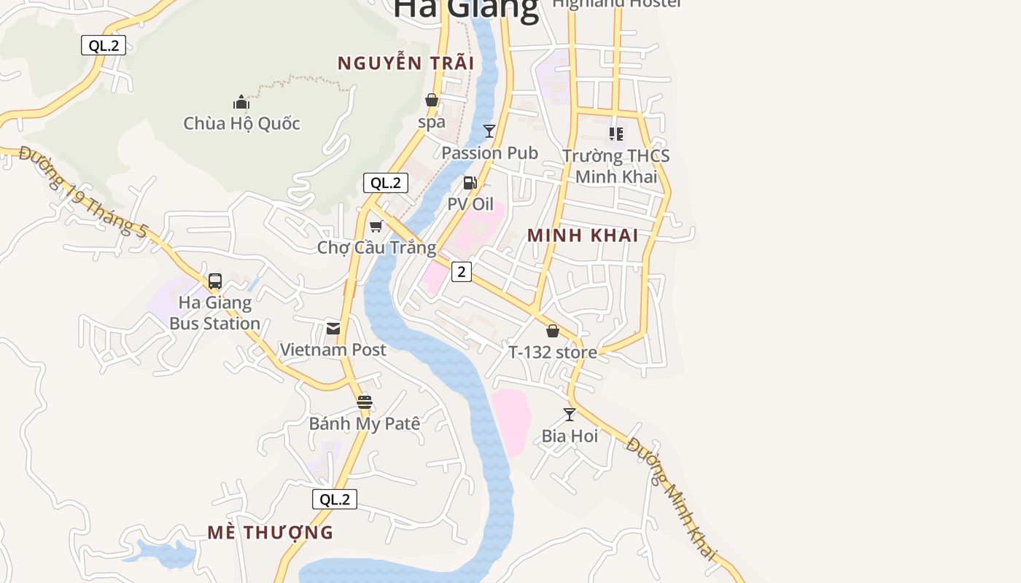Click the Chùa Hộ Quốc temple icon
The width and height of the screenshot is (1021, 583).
[241, 102]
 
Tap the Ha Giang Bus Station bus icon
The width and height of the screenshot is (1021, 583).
[215, 281]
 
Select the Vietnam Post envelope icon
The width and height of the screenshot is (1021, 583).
[333, 328]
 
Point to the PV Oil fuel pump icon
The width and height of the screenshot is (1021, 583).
[470, 182]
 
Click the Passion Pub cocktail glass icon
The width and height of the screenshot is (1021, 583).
[489, 131]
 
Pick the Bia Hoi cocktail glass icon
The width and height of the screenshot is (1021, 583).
[570, 414]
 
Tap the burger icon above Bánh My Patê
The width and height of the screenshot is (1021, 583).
[365, 402]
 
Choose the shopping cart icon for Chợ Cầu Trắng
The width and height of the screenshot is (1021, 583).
[376, 226]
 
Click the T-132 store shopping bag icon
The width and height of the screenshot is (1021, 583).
[553, 331]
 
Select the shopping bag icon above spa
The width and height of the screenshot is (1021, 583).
[432, 100]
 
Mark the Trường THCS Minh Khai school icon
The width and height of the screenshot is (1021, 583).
[616, 134]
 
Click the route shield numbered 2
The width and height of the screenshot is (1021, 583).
[461, 272]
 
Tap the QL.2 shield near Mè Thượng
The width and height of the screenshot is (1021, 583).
[335, 499]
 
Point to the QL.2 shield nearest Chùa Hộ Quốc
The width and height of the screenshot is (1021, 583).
[104, 45]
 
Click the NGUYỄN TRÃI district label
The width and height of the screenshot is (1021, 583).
[405, 63]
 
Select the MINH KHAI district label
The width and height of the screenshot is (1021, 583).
[583, 235]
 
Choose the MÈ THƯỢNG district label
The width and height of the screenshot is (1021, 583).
[270, 533]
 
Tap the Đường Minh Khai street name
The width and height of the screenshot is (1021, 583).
[672, 498]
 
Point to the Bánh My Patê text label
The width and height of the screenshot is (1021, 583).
[365, 423]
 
